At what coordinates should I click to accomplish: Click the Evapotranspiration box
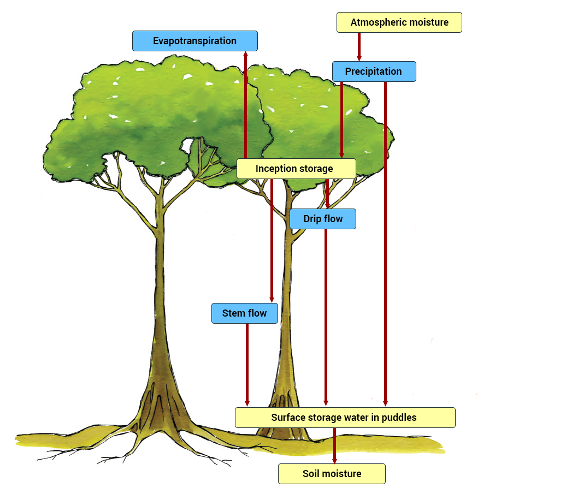tap(194, 41)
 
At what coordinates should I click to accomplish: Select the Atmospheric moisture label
tap(399, 22)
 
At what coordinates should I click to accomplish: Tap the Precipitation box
tap(374, 72)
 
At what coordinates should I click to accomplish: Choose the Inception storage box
tap(296, 169)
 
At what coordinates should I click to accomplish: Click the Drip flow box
tap(322, 219)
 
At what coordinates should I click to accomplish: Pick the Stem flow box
tap(244, 313)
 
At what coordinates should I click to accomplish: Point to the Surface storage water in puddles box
tap(344, 418)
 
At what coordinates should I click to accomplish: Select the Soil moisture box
tap(332, 474)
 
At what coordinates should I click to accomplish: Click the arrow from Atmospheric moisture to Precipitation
tap(359, 46)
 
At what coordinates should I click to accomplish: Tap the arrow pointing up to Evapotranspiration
tap(245, 104)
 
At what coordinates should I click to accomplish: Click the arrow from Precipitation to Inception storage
tap(341, 120)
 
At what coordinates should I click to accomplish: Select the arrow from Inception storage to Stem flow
tap(272, 240)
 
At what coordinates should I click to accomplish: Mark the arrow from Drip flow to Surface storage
tap(326, 317)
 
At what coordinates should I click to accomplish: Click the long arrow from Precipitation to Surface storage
tap(385, 246)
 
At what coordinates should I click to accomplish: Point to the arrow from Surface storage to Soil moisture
tap(334, 445)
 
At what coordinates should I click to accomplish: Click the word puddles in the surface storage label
tap(399, 418)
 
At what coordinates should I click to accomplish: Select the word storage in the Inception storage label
tap(312, 169)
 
